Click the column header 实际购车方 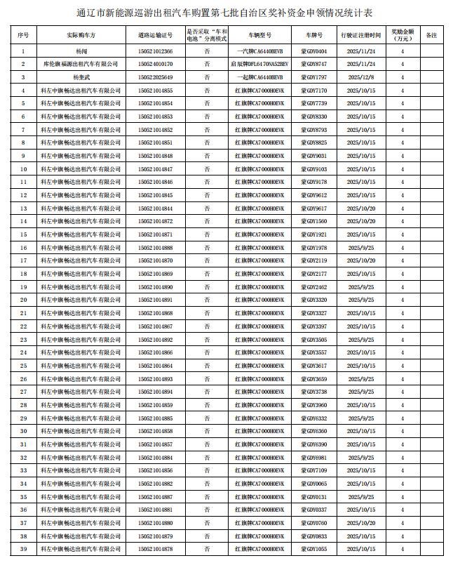81,34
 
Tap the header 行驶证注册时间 360,34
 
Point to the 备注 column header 431,34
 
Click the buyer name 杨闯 81,51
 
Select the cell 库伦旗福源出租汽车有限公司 81,64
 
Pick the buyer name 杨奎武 81,77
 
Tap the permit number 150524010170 156,64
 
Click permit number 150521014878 156,550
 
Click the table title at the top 226,13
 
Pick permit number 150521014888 156,248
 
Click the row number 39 24,550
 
